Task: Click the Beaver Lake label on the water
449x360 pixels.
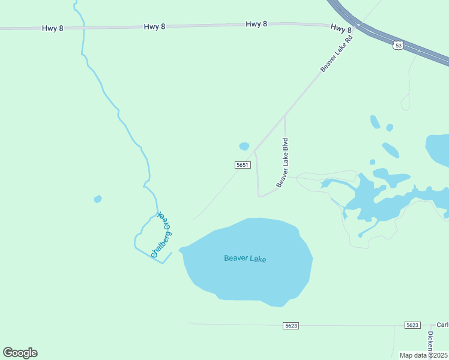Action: (245, 259)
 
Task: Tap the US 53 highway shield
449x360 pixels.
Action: (398, 45)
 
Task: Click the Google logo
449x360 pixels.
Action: (20, 353)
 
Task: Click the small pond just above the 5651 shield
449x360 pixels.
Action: (244, 146)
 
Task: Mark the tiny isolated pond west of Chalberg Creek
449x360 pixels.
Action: (98, 199)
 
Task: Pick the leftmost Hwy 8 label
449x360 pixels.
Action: (53, 28)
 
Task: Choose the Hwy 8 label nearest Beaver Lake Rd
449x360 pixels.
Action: (341, 28)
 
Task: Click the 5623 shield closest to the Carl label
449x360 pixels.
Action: (412, 325)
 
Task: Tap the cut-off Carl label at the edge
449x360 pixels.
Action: (442, 325)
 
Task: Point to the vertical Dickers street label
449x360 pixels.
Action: (430, 343)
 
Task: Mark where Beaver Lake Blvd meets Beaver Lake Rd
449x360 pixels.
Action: (285, 116)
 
